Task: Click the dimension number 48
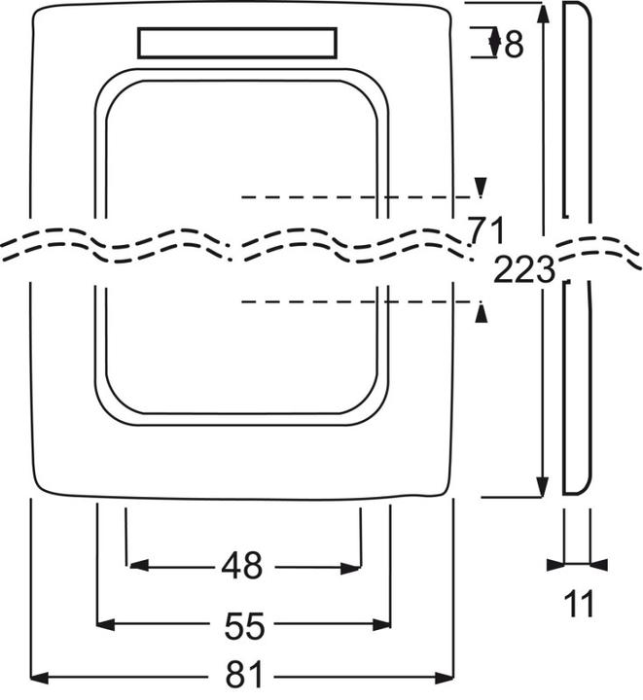coord(242,566)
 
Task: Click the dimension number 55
coord(243,625)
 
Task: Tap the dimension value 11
coord(579,604)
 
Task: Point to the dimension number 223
coord(523,269)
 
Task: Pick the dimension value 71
coord(485,231)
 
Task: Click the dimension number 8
coord(512,44)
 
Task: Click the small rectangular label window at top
coord(238,44)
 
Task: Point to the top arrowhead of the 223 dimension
coord(543,12)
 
